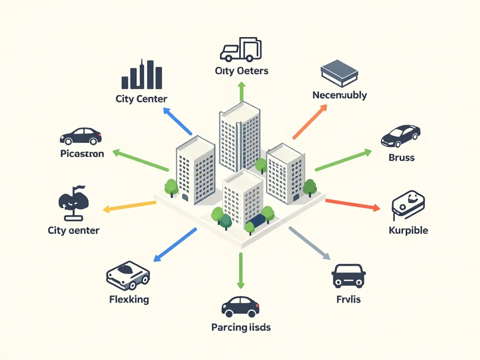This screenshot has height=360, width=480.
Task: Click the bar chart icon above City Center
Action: [142, 75]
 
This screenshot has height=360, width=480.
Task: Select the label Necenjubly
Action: [339, 95]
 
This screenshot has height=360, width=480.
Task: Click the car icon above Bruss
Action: [400, 135]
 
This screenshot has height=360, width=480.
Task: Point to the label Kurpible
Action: [408, 230]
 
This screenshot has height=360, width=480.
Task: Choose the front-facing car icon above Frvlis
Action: [348, 275]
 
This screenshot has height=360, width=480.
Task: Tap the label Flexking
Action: [129, 299]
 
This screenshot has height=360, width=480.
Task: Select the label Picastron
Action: [82, 153]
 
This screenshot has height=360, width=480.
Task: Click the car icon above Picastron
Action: [81, 136]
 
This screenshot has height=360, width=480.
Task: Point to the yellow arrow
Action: [129, 206]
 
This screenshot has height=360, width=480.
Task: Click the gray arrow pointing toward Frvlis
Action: [309, 243]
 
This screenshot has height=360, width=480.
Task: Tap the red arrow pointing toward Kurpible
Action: [352, 205]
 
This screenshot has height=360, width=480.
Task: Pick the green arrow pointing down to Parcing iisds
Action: [240, 270]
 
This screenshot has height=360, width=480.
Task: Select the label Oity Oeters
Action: [241, 71]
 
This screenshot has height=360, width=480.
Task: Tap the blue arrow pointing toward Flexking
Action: [175, 244]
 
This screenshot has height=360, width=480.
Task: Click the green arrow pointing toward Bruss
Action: [343, 160]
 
